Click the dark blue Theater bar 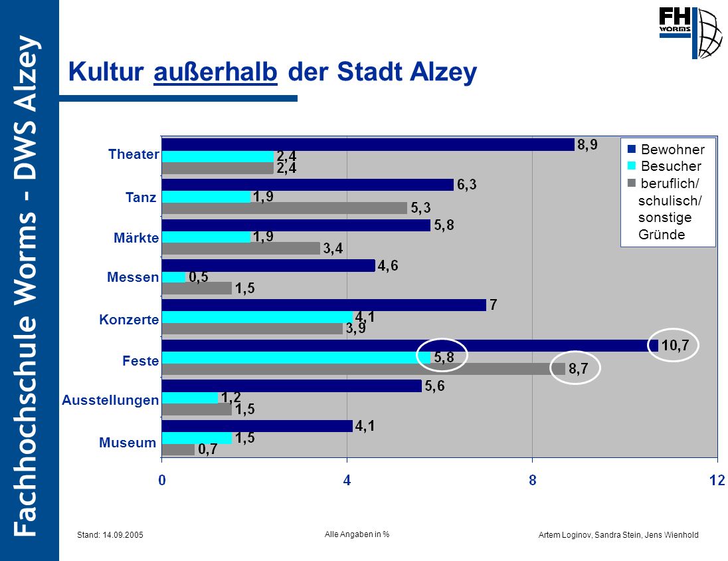pyautogui.click(x=368, y=144)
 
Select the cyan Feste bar pyautogui.click(x=296, y=358)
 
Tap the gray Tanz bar pyautogui.click(x=284, y=208)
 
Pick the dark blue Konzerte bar pyautogui.click(x=324, y=305)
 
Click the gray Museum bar pyautogui.click(x=178, y=449)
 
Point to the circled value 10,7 pyautogui.click(x=675, y=346)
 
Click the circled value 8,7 pyautogui.click(x=579, y=369)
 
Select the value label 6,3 pyautogui.click(x=466, y=185)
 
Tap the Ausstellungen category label pyautogui.click(x=110, y=400)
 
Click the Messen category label pyautogui.click(x=133, y=277)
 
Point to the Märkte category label pyautogui.click(x=136, y=238)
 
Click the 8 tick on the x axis pyautogui.click(x=533, y=480)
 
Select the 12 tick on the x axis pyautogui.click(x=717, y=480)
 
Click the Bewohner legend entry pyautogui.click(x=666, y=149)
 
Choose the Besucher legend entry pyautogui.click(x=664, y=166)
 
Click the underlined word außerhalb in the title pyautogui.click(x=215, y=72)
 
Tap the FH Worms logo pyautogui.click(x=690, y=33)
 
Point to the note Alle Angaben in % pyautogui.click(x=357, y=534)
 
